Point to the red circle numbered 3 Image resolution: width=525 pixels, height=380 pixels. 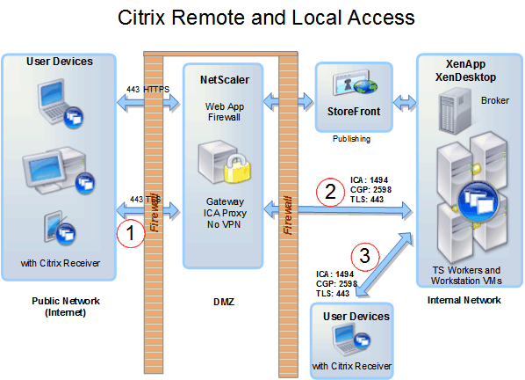click(364, 257)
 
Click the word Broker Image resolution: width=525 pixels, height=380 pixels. click(495, 100)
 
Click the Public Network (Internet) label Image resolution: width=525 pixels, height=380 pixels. click(61, 306)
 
